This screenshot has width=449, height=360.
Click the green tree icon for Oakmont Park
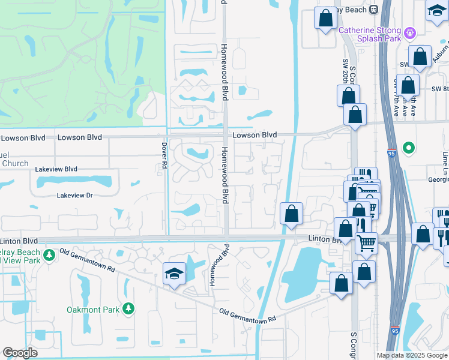point(128,308)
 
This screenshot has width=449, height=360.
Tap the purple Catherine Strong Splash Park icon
point(410,32)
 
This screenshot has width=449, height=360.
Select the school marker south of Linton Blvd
point(174,274)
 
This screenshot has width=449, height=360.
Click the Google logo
point(20,353)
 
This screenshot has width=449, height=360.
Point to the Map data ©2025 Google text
point(411,355)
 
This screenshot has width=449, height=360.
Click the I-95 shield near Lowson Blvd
point(391,153)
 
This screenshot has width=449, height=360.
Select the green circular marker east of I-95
point(409,147)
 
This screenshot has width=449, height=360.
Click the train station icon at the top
point(373,9)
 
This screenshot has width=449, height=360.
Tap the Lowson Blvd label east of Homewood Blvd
point(255,135)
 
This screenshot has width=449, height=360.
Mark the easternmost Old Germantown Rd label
point(247,314)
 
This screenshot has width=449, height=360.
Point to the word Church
point(14,163)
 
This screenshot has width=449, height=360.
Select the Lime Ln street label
point(445,159)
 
